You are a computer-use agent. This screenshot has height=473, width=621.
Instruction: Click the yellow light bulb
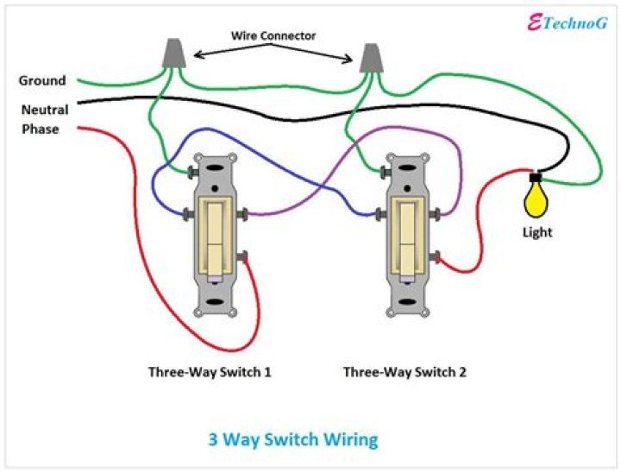click(x=536, y=200)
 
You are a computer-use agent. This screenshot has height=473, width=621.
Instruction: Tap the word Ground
click(x=42, y=81)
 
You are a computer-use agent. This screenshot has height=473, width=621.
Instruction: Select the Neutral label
click(x=44, y=110)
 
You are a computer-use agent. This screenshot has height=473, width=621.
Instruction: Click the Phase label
click(x=41, y=129)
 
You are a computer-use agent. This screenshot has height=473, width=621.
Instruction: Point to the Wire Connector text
click(x=273, y=36)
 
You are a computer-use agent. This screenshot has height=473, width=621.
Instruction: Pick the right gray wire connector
click(x=372, y=59)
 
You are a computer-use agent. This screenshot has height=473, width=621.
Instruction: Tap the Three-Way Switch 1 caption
click(x=210, y=373)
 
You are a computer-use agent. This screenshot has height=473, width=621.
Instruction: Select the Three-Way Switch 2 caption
click(x=405, y=373)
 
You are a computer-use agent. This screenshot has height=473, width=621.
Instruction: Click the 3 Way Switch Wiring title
click(x=293, y=439)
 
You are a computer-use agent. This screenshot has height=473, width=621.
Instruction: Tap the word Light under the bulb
click(x=536, y=232)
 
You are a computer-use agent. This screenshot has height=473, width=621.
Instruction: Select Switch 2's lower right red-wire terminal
click(x=439, y=255)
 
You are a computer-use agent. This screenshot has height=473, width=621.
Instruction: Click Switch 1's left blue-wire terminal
click(x=189, y=213)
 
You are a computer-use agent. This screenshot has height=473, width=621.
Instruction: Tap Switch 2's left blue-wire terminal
click(x=381, y=213)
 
